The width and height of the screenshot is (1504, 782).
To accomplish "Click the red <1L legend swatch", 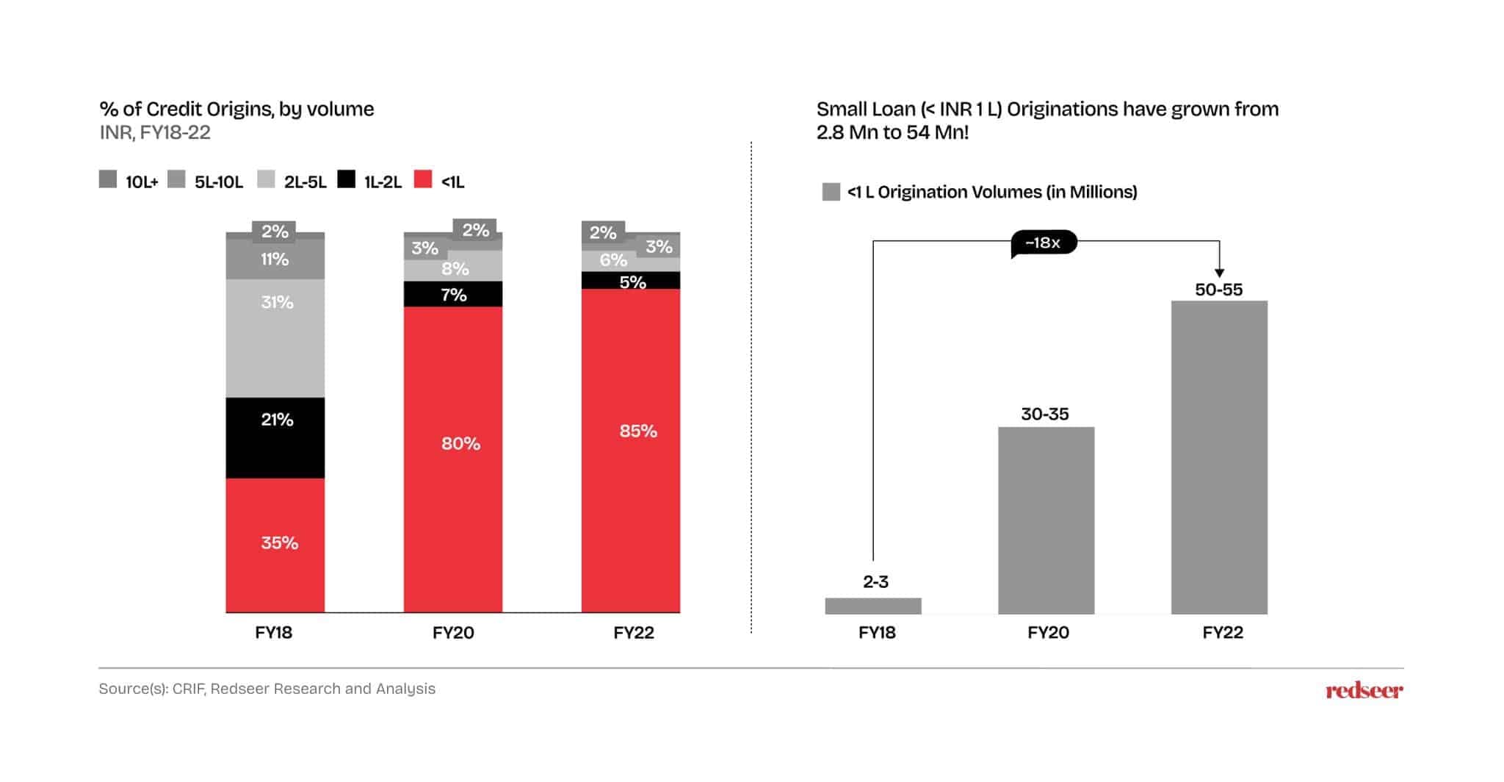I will pyautogui.click(x=423, y=179).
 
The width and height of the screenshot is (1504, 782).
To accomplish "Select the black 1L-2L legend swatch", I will pyautogui.click(x=346, y=179).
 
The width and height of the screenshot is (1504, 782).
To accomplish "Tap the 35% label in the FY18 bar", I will pyautogui.click(x=280, y=543).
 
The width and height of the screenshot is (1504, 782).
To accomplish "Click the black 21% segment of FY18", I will pyautogui.click(x=275, y=438).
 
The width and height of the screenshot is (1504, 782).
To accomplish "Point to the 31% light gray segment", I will pyautogui.click(x=275, y=338).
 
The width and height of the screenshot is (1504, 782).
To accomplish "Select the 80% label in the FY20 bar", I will pyautogui.click(x=460, y=444).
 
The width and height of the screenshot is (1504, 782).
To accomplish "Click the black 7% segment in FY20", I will pyautogui.click(x=453, y=294).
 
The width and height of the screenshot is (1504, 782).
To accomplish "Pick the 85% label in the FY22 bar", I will pyautogui.click(x=637, y=431).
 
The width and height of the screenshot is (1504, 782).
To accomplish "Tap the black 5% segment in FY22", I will pyautogui.click(x=631, y=281).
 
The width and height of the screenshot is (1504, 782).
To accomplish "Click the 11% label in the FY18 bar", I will pyautogui.click(x=275, y=259).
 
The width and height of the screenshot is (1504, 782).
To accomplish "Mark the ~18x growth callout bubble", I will pyautogui.click(x=1044, y=243).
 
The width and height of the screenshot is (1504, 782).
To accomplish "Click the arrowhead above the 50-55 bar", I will pyautogui.click(x=1219, y=273).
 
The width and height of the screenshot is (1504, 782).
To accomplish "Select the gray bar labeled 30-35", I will pyautogui.click(x=1046, y=520).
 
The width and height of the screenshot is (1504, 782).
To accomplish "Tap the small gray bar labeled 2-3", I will pyautogui.click(x=873, y=606).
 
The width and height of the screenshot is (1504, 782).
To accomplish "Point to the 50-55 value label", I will pyautogui.click(x=1218, y=290).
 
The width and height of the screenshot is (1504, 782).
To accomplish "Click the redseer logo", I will pyautogui.click(x=1364, y=690).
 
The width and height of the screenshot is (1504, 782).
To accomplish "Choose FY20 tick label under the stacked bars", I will pyautogui.click(x=453, y=633).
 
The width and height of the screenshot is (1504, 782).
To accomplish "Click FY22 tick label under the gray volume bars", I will pyautogui.click(x=1223, y=633).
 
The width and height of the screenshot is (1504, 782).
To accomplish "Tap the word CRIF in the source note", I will pyautogui.click(x=188, y=689).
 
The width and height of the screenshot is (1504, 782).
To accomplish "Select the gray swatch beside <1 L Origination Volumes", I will pyautogui.click(x=831, y=193).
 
